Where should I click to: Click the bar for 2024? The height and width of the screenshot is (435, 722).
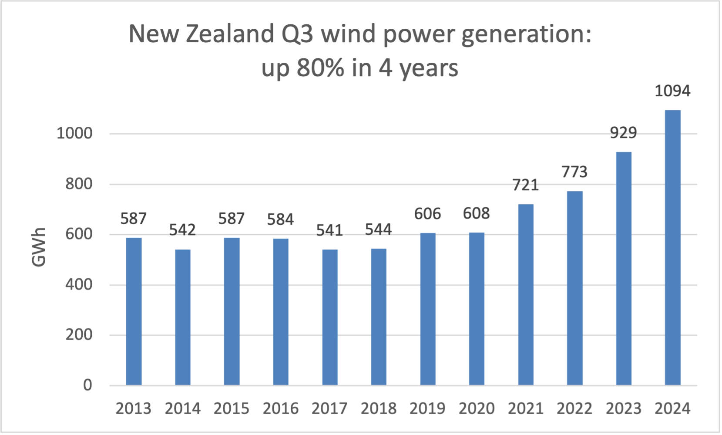click(672, 248)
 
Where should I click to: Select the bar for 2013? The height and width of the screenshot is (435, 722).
click(134, 311)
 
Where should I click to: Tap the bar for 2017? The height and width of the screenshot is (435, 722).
click(329, 317)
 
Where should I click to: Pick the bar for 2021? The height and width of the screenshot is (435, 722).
click(526, 295)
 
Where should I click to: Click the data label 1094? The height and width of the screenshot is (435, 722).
click(672, 91)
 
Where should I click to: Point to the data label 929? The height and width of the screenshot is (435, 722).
click(623, 133)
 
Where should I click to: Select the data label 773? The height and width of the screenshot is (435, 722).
click(574, 172)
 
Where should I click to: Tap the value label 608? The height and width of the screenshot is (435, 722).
click(476, 213)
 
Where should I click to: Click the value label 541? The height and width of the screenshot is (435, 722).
click(329, 230)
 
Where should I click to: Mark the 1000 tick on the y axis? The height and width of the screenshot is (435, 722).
click(74, 134)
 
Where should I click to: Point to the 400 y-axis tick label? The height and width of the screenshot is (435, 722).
click(79, 285)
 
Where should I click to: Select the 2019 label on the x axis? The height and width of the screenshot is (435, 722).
click(427, 409)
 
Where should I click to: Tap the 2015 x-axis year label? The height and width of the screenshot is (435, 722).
click(232, 409)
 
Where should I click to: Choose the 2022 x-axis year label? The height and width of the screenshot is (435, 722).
click(574, 409)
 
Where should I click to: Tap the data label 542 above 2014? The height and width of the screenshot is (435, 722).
click(182, 230)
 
